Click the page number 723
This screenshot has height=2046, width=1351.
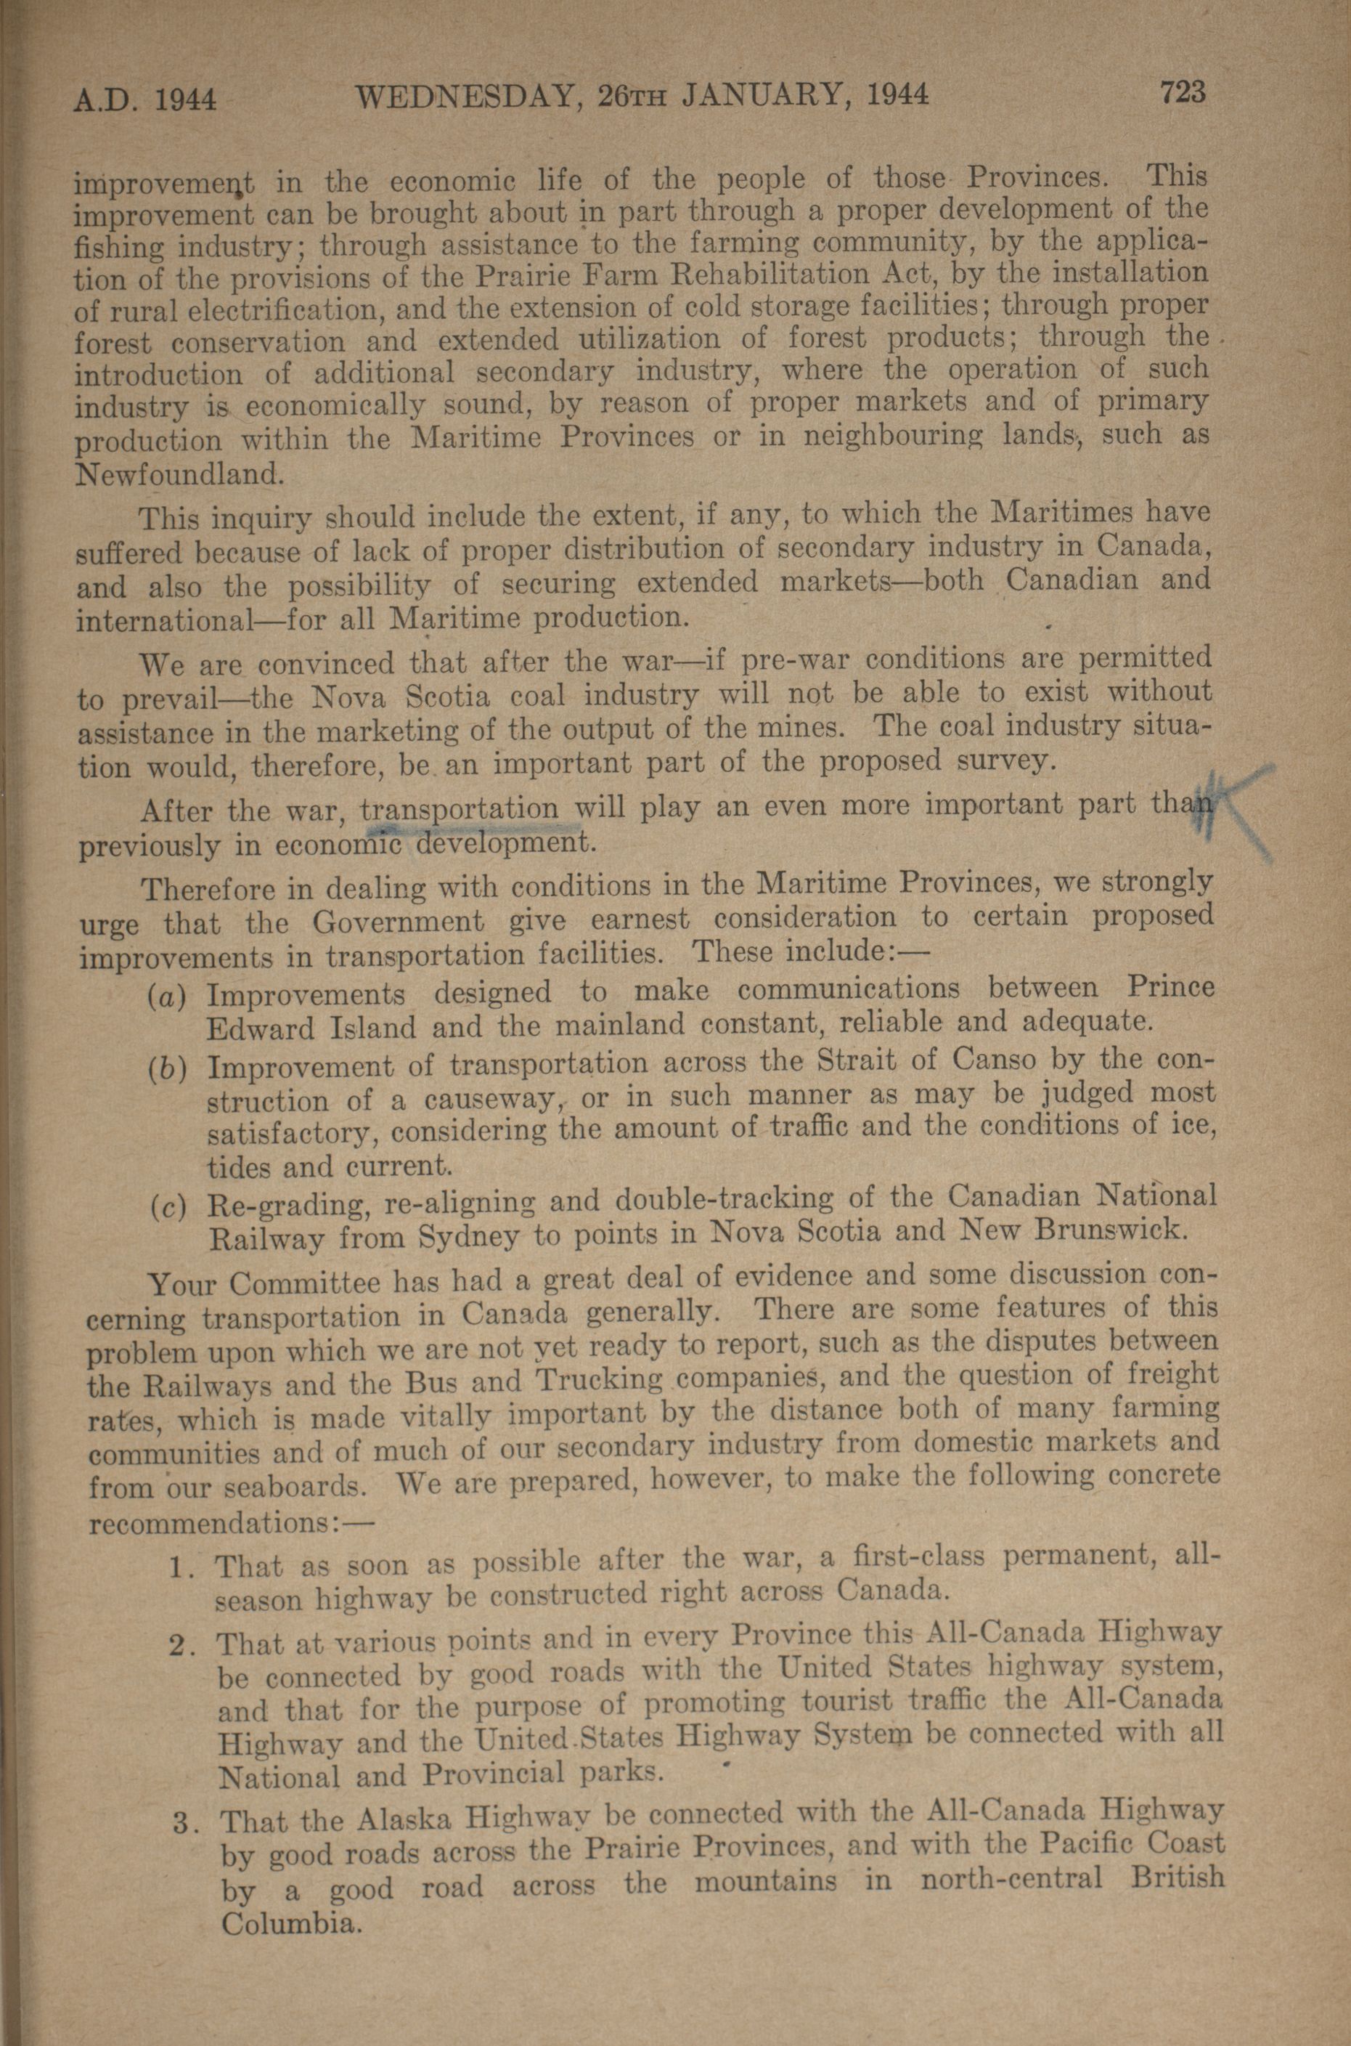point(1184,92)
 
